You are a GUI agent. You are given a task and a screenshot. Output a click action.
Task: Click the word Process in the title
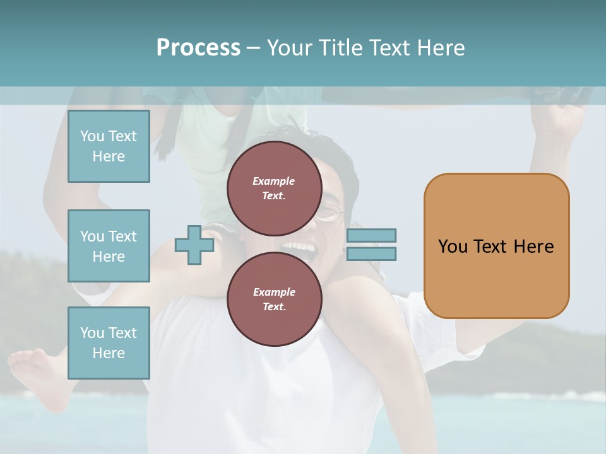(198, 47)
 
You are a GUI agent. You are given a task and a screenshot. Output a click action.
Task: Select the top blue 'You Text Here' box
(109, 146)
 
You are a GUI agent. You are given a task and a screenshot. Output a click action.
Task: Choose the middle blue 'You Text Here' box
(109, 246)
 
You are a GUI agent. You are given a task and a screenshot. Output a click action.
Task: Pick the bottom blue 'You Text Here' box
(109, 343)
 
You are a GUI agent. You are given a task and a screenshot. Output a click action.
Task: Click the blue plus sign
(194, 245)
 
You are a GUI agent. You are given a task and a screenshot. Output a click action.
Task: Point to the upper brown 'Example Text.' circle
(274, 189)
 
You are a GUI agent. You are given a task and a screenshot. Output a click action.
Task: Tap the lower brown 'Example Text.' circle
(274, 300)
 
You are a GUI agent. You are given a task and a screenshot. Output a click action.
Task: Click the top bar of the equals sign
(371, 235)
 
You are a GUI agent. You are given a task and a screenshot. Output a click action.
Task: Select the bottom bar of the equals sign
(371, 253)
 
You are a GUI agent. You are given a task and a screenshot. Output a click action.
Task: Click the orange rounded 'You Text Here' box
(496, 246)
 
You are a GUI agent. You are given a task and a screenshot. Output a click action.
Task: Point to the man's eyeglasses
(330, 213)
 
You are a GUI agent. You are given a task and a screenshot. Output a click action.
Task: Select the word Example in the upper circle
(274, 181)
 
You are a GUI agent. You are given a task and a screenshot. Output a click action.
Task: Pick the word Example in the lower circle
(274, 292)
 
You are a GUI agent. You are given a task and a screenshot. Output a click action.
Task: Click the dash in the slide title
(254, 48)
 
